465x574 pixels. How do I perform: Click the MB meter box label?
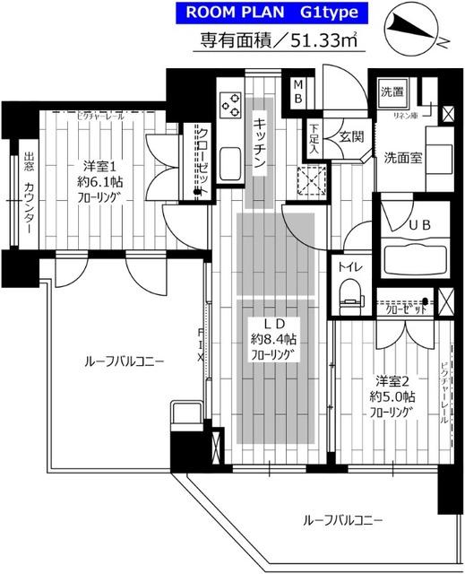pos(298,91)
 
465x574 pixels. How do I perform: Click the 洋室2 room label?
pos(393,379)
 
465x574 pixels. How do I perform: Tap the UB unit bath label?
pos(419,227)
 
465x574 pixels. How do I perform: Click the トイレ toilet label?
pos(348,265)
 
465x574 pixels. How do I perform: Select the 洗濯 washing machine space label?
pos(392,91)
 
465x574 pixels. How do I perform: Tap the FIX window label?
pos(201,345)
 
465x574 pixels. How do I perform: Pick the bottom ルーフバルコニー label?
pos(342,519)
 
